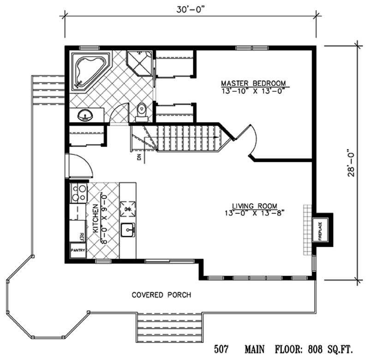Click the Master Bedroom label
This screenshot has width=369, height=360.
253,83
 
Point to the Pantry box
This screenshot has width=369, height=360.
77,250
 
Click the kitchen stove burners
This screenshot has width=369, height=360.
78,192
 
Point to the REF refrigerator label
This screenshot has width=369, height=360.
82,236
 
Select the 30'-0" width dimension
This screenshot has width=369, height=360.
190,9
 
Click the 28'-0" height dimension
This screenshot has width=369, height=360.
353,165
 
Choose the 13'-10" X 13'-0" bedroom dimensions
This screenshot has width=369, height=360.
253,91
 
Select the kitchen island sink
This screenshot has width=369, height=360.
128,229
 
